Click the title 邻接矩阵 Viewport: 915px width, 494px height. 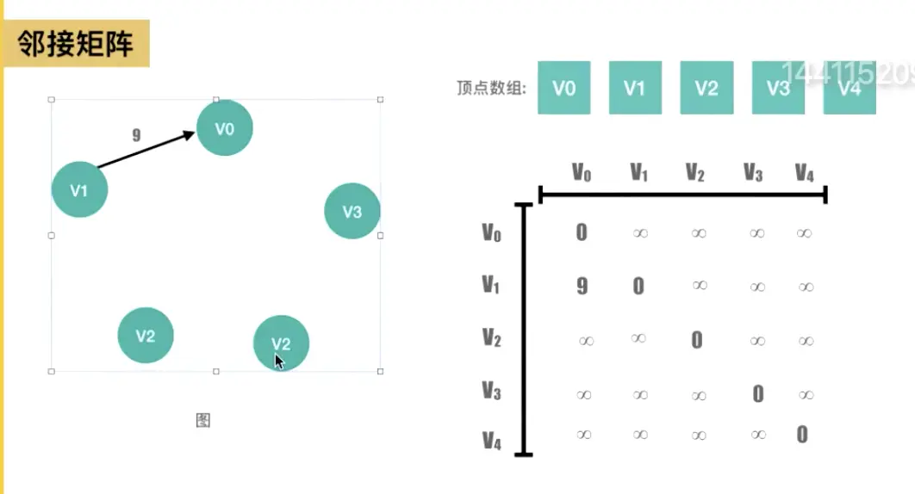(x=76, y=44)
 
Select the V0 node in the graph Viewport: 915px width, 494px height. (x=225, y=128)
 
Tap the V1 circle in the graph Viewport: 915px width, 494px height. (x=79, y=189)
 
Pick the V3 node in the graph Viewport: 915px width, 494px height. (x=352, y=211)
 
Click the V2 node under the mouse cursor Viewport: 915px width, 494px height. (x=281, y=343)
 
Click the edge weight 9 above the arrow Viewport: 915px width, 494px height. (x=136, y=135)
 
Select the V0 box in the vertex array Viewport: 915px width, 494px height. (x=563, y=88)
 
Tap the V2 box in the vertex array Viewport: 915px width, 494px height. (x=706, y=88)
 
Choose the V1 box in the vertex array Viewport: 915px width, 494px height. (x=635, y=88)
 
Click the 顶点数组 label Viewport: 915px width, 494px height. (x=491, y=88)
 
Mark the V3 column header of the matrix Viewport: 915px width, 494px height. (x=753, y=173)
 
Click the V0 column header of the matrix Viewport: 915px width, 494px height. (x=582, y=173)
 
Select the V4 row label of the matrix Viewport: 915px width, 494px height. (x=491, y=442)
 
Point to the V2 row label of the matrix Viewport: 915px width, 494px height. (x=491, y=337)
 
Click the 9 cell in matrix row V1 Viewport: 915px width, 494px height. (x=582, y=286)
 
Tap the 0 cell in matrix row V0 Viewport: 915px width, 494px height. (x=582, y=232)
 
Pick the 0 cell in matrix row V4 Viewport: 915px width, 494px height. (x=802, y=435)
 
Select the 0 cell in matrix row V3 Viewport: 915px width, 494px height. (x=758, y=393)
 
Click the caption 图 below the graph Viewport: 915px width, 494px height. (x=203, y=420)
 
